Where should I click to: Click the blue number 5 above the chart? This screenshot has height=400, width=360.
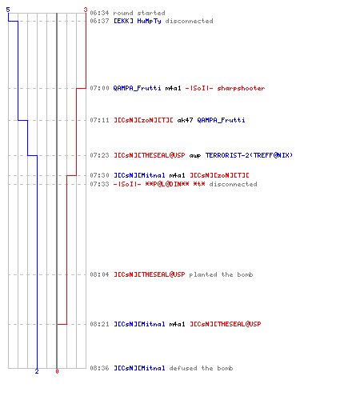click(8, 10)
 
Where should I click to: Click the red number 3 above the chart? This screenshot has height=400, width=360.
click(86, 10)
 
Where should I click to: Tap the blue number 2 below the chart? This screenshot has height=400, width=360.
click(37, 371)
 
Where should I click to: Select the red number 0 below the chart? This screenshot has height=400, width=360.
click(57, 371)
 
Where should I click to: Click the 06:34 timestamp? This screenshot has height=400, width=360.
click(99, 13)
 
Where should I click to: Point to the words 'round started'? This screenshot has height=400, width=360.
click(139, 13)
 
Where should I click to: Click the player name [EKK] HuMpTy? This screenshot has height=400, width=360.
click(138, 21)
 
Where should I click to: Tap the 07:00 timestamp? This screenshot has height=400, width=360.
click(99, 88)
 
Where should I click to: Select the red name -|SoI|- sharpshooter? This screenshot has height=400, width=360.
click(225, 88)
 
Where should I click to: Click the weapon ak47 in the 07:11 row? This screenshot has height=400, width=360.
click(185, 120)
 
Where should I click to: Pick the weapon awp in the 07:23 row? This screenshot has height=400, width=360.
click(195, 155)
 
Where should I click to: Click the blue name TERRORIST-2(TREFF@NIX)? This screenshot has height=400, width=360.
click(249, 155)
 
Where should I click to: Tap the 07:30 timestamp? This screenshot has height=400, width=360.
click(99, 175)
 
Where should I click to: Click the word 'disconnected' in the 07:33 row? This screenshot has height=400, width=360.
click(233, 184)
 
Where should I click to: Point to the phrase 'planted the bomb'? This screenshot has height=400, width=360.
click(221, 274)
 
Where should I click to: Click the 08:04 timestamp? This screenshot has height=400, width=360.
click(99, 274)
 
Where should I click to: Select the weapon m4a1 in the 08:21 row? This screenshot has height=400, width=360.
click(177, 324)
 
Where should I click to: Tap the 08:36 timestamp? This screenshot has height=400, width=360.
click(99, 368)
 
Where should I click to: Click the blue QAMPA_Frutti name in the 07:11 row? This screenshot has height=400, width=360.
click(221, 120)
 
